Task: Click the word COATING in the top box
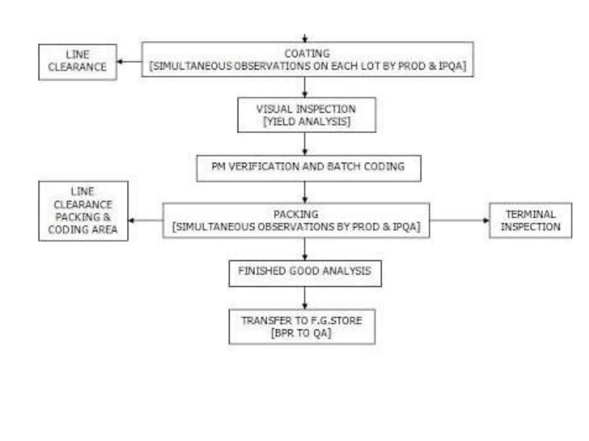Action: [307, 53]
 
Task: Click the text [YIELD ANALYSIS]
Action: [307, 121]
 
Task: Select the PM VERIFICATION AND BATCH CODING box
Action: [309, 168]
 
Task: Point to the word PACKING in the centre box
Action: [296, 214]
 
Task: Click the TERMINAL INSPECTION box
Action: [530, 220]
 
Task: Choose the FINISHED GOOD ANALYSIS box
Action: [305, 273]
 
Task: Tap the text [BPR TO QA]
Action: [301, 333]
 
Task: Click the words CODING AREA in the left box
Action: [83, 230]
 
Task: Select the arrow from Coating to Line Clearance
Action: [129, 61]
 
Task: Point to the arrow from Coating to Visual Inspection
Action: [305, 87]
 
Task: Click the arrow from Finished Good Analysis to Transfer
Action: [305, 298]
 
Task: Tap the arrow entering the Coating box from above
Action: [305, 38]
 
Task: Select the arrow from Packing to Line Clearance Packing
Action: [146, 220]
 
